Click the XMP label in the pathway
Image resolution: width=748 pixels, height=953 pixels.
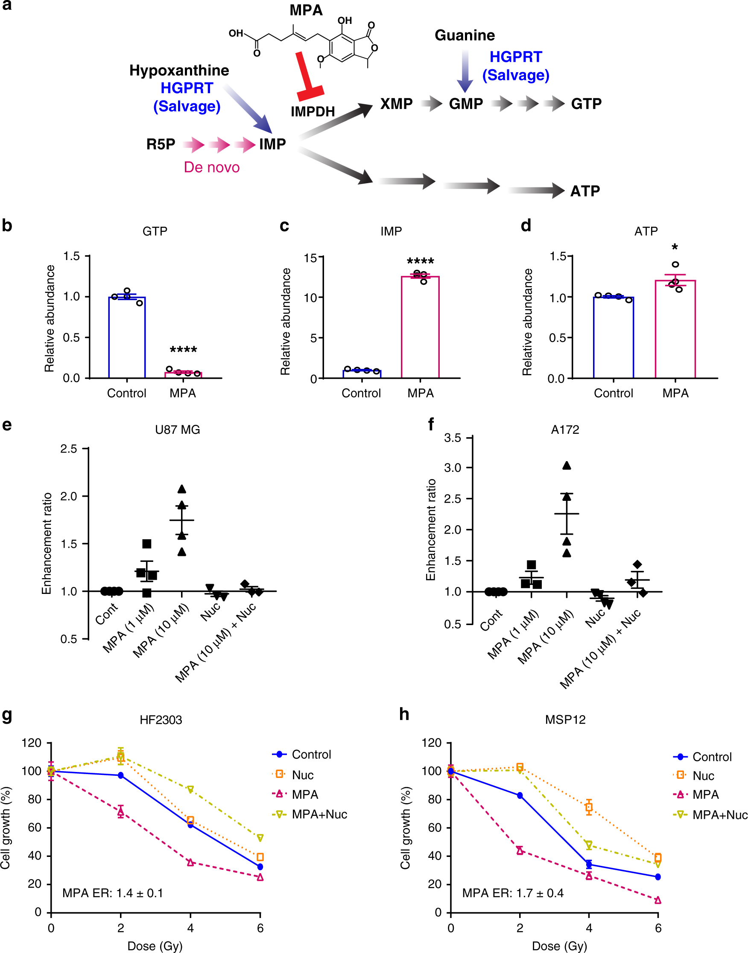pyautogui.click(x=396, y=104)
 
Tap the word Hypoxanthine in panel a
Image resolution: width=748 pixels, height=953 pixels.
pyautogui.click(x=179, y=70)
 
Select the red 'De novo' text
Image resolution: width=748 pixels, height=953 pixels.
pyautogui.click(x=211, y=167)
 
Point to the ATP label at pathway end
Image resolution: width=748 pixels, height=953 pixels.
pyautogui.click(x=584, y=191)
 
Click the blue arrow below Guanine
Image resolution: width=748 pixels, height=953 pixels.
pyautogui.click(x=465, y=70)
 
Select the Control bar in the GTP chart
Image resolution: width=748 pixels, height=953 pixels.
pyautogui.click(x=126, y=337)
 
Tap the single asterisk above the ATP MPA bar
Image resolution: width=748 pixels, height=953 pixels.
pyautogui.click(x=675, y=248)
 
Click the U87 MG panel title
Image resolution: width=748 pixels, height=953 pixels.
pyautogui.click(x=177, y=430)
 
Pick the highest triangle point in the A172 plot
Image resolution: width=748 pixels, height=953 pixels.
pyautogui.click(x=567, y=465)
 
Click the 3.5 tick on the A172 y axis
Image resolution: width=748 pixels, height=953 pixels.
pyautogui.click(x=453, y=438)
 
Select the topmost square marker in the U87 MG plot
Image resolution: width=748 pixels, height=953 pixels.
pyautogui.click(x=147, y=544)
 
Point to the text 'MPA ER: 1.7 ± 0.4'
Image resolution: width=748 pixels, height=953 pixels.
pyautogui.click(x=513, y=893)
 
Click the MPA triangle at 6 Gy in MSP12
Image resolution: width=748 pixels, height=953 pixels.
pyautogui.click(x=658, y=900)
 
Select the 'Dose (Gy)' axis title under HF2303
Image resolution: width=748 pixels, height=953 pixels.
pyautogui.click(x=155, y=946)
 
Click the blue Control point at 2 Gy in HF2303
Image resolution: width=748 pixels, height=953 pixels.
pyautogui.click(x=121, y=776)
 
